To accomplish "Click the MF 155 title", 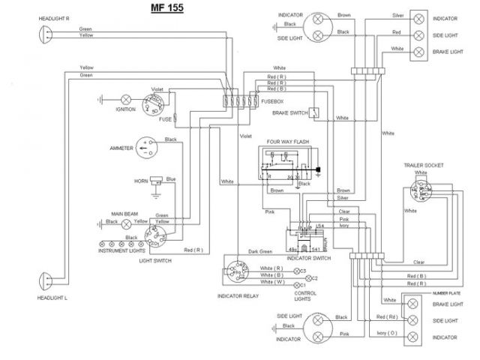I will point(164,9).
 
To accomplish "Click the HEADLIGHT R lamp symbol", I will point(43,34).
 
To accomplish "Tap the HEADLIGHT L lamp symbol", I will point(43,283).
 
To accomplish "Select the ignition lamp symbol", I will point(127,98).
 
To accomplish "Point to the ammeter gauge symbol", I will point(149,148).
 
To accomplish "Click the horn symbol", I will point(156,181).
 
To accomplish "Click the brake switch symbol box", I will point(316,113).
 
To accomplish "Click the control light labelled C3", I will point(298,269).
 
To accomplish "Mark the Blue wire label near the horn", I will point(171,178).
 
